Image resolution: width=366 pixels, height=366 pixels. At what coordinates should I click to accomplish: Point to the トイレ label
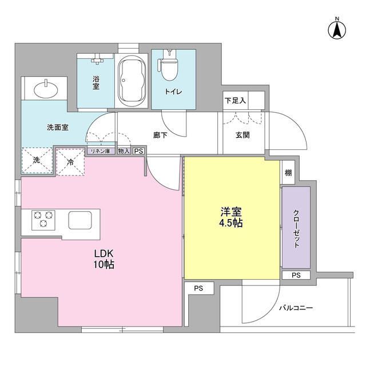tap(173, 91)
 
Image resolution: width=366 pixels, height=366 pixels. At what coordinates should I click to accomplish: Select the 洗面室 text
tap(58, 127)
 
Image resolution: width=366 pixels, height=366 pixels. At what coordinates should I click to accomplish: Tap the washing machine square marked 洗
tap(35, 161)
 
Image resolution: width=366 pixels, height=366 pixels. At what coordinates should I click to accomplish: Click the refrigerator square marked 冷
tap(70, 161)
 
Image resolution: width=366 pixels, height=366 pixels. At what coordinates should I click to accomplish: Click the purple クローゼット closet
tap(296, 228)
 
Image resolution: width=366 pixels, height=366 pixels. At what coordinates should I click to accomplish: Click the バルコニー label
tap(296, 308)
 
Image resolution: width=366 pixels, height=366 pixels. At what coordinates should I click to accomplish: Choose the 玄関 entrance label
tap(240, 135)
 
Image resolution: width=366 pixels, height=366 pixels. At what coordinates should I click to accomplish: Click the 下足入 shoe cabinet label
tap(235, 101)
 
